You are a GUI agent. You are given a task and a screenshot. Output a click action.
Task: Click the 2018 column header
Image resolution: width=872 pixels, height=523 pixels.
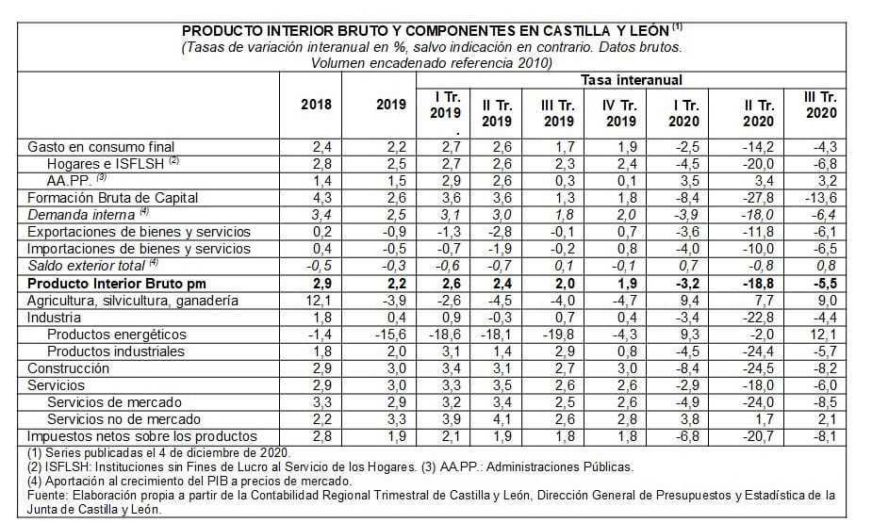pos(317,104)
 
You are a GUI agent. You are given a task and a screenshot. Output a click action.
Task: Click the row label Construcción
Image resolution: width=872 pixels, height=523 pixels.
pos(66,368)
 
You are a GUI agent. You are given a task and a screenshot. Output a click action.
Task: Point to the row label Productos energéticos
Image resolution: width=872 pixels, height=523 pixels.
pos(117,335)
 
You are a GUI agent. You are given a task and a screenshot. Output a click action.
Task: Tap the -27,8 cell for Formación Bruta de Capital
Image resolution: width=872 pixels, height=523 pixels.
pos(759,197)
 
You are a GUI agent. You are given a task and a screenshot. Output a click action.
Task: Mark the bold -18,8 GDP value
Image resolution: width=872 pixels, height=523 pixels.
pos(759,284)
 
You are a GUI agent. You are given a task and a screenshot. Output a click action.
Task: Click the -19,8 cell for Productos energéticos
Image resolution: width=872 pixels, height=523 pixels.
pos(557,335)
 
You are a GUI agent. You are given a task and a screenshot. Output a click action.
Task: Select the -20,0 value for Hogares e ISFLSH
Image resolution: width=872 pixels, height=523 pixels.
pos(759,163)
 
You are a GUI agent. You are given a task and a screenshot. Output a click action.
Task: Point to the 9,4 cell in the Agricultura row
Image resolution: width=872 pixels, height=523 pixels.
pos(689,301)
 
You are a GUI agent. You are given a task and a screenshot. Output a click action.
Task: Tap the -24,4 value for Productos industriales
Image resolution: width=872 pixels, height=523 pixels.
pos(759,351)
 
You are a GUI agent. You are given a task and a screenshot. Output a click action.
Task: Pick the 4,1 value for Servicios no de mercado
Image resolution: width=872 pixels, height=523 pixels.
pos(498,419)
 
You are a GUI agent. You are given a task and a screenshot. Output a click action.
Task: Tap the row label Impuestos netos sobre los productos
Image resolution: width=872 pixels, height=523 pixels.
pos(142,436)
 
